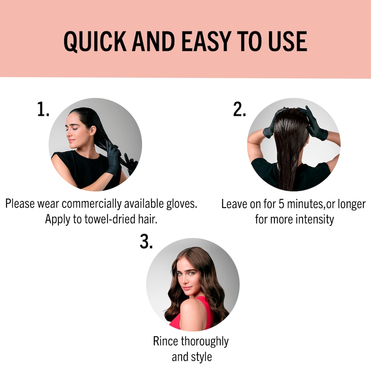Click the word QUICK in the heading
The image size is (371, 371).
(95, 41)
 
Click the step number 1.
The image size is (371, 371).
(43, 109)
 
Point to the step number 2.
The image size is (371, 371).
(240, 109)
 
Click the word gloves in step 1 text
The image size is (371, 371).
(182, 204)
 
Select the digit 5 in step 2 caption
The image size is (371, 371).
(281, 204)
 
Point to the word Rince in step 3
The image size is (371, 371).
(166, 341)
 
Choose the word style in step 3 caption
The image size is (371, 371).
(201, 357)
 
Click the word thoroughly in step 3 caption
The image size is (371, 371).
(205, 342)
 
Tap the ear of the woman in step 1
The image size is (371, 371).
(93, 131)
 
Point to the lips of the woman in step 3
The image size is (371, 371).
(187, 288)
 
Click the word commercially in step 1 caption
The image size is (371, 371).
(92, 204)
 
